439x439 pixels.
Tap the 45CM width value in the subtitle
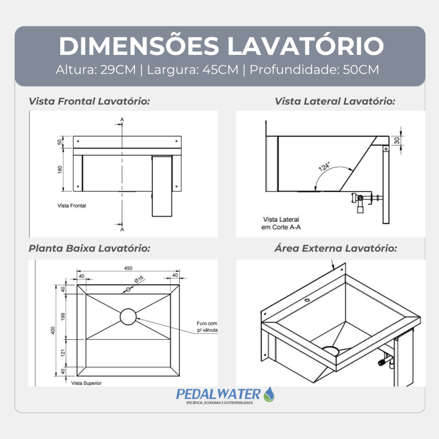[x=220, y=70]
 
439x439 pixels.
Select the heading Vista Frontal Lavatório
[x=89, y=101]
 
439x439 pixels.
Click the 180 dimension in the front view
[x=60, y=170]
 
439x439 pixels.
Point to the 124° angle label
[x=324, y=166]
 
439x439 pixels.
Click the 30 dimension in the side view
[x=397, y=141]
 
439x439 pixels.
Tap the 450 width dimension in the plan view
[x=128, y=268]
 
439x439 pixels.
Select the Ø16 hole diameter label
[x=139, y=279]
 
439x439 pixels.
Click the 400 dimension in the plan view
[x=53, y=331]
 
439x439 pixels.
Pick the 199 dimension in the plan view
[x=63, y=317]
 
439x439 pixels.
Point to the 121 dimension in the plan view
[x=63, y=353]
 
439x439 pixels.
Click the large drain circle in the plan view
[x=128, y=317]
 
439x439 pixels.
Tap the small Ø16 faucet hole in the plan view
[x=128, y=289]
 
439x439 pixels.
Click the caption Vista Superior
[x=86, y=383]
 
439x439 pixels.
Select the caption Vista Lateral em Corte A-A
[x=281, y=223]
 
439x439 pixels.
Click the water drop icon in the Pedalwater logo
[x=269, y=394]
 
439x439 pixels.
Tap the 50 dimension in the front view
[x=60, y=142]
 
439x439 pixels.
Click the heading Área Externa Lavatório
[x=336, y=248]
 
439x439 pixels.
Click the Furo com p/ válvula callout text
[x=207, y=327]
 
